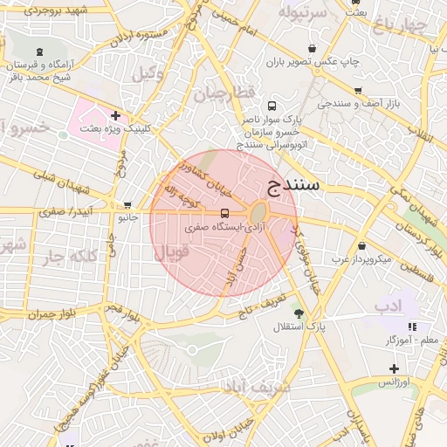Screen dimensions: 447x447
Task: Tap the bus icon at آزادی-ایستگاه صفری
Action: pyautogui.click(x=225, y=213)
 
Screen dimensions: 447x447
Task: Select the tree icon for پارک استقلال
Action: pyautogui.click(x=299, y=313)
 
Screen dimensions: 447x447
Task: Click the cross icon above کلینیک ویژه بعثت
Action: pyautogui.click(x=115, y=115)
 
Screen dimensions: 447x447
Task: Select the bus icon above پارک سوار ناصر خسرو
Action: pyautogui.click(x=272, y=106)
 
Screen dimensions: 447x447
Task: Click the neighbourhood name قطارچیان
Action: pyautogui.click(x=222, y=93)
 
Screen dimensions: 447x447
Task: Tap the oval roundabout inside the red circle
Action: pyautogui.click(x=259, y=214)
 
